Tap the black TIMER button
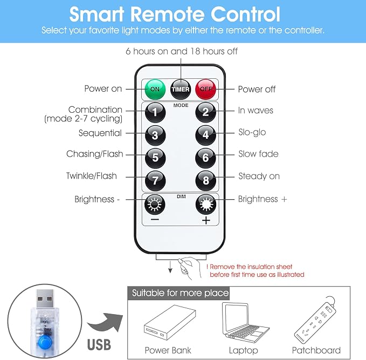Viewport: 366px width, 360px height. tap(181, 89)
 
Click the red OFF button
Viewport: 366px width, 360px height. tap(206, 89)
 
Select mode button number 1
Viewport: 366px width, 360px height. tap(155, 112)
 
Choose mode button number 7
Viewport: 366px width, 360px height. tap(155, 181)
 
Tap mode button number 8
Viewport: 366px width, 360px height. tap(206, 181)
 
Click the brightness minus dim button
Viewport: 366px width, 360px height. tap(155, 205)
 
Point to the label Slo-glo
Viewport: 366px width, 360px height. tap(252, 132)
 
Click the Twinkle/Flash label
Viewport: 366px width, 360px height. tap(92, 176)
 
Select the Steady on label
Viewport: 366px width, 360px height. tap(259, 176)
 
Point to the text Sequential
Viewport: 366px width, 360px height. tap(100, 133)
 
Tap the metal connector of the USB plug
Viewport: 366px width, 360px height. tap(45, 299)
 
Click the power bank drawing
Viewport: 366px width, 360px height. tap(170, 322)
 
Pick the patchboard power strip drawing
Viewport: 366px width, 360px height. tap(315, 320)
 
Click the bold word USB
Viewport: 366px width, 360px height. tap(99, 344)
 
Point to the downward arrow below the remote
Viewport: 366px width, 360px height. tap(170, 267)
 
